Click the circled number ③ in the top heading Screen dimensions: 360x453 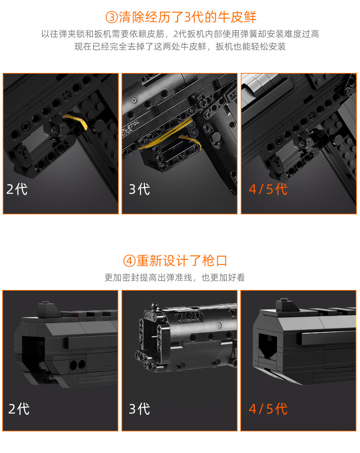[112, 17]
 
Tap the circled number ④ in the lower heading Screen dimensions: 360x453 [129, 261]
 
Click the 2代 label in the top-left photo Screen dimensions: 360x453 [17, 189]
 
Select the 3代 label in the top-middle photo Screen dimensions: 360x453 [139, 189]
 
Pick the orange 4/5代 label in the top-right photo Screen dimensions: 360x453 [268, 189]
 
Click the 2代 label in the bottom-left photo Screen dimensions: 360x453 [19, 409]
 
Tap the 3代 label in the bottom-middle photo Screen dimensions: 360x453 [139, 409]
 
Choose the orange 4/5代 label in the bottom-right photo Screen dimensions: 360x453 [268, 409]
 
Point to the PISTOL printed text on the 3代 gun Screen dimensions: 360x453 [131, 127]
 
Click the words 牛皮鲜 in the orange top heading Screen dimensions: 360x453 [237, 17]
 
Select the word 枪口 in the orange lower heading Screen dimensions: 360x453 [215, 261]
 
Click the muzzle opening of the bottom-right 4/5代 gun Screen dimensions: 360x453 [268, 346]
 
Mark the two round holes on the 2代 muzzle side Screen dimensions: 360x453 [77, 365]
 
